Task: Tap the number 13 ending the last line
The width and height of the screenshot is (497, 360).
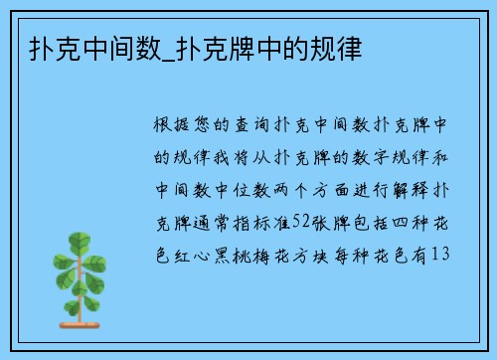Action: [x=443, y=255]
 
